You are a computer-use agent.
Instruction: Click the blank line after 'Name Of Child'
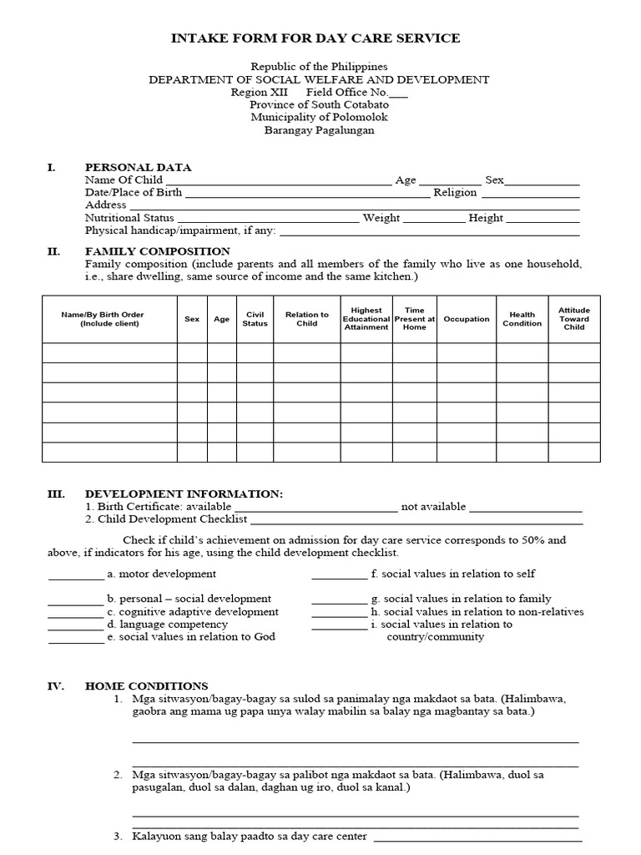pos(278,181)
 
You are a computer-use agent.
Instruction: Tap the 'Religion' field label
pos(455,193)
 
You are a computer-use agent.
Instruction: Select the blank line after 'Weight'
pos(434,219)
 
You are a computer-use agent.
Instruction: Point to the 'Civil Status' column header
pos(255,319)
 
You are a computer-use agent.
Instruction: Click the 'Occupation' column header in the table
pos(467,319)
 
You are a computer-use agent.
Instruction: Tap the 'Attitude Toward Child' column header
pos(574,319)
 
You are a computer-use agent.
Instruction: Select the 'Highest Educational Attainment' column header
pos(366,319)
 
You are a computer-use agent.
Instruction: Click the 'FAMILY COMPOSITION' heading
pos(158,251)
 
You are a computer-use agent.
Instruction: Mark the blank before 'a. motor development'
pos(75,575)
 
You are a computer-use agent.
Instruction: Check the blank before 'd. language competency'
pos(75,625)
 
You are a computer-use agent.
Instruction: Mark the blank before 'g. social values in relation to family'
pos(339,600)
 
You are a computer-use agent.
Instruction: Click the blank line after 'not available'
pos(526,508)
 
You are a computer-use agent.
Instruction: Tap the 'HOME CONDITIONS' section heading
pos(147,686)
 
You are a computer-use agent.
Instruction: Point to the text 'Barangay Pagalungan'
pos(320,130)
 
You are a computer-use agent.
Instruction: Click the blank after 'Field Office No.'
pos(399,94)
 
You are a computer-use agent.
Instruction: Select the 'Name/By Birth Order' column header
pos(103,319)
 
